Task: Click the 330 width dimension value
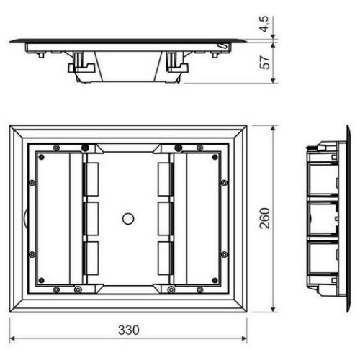(x=129, y=330)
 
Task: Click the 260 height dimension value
(x=265, y=218)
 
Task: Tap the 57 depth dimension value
(x=265, y=63)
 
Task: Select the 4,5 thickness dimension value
(x=265, y=24)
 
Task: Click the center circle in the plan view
(x=128, y=219)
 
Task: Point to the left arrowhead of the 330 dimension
(x=12, y=338)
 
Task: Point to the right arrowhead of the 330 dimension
(x=244, y=338)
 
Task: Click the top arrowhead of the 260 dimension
(x=273, y=128)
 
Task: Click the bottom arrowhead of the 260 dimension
(x=273, y=310)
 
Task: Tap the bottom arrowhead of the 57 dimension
(x=273, y=81)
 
